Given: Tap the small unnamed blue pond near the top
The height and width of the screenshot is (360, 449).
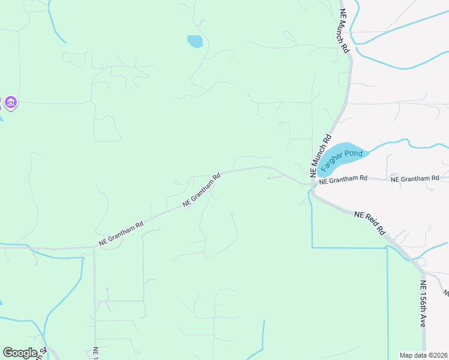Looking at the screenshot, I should click(x=194, y=41).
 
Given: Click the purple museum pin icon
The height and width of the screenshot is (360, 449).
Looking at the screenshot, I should click(x=11, y=103).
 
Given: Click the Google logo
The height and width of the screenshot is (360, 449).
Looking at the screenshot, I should click(x=20, y=353).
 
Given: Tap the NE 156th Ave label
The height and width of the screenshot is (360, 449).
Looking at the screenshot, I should click(x=424, y=304).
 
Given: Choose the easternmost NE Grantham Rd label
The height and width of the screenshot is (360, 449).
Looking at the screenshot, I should click(x=415, y=179).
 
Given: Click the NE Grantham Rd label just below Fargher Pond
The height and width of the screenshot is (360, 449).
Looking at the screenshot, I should click(x=343, y=179).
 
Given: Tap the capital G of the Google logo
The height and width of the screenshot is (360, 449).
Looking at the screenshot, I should click(x=8, y=353).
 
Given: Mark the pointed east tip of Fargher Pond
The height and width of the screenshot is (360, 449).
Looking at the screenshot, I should click(x=368, y=152).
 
